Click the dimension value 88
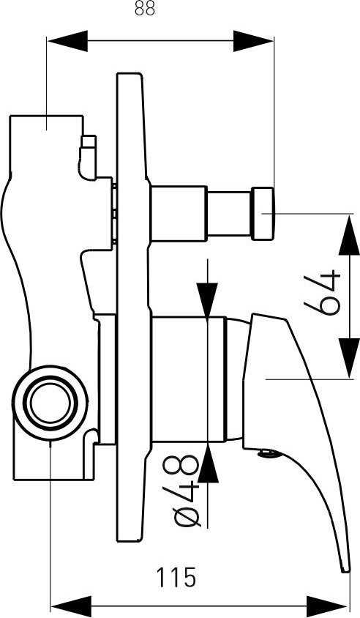point(145,8)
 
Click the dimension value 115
point(176,578)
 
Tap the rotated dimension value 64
point(322,292)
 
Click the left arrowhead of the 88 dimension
point(67,40)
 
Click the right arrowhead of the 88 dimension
point(253,40)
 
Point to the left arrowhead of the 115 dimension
point(71,606)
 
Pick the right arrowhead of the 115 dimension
point(326,606)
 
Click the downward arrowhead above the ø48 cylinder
point(208,299)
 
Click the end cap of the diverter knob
point(263,214)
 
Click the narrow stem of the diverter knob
point(229,214)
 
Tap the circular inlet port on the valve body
point(50,403)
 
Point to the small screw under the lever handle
point(268,454)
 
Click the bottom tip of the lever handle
point(345,569)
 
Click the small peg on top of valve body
point(89,157)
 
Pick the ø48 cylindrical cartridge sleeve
point(189,379)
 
